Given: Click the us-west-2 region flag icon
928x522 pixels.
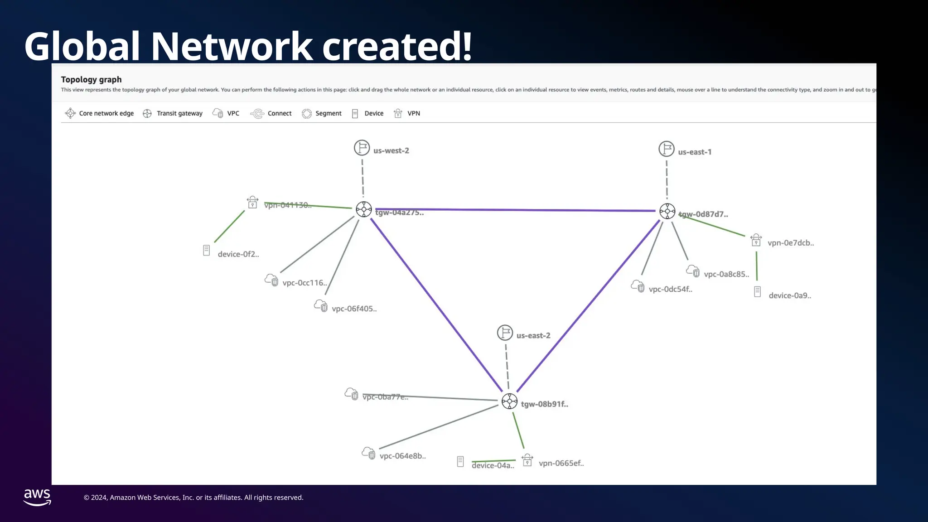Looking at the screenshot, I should point(362,148).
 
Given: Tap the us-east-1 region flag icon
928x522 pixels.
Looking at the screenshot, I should point(666,149).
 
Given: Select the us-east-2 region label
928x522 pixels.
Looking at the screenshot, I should point(533,336).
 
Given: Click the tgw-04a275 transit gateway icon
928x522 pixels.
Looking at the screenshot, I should point(364,209).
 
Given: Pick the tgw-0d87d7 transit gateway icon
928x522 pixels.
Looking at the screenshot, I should point(667,211).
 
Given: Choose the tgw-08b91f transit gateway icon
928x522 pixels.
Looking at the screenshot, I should point(509,401).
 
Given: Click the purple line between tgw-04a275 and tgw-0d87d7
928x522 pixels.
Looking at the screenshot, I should point(517,210).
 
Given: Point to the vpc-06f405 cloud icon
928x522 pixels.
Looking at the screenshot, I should point(321,306).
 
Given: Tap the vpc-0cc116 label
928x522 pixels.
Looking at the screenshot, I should point(304,283).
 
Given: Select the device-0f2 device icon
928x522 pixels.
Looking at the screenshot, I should point(206,250).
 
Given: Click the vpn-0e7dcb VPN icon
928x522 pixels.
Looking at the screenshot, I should point(756,240).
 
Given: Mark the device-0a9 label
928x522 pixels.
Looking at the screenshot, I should point(790,295).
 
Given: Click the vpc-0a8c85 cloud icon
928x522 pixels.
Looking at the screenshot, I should point(693,271).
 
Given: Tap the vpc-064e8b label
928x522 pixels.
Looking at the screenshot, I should point(402,456).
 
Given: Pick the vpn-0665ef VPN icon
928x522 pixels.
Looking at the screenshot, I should point(527,460).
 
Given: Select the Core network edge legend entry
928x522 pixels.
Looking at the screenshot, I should point(100,113).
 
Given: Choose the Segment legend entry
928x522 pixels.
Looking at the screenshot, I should point(322,113).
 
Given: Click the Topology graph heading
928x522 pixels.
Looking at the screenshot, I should point(91,80).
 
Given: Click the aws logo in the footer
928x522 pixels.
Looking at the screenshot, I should point(37,497).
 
